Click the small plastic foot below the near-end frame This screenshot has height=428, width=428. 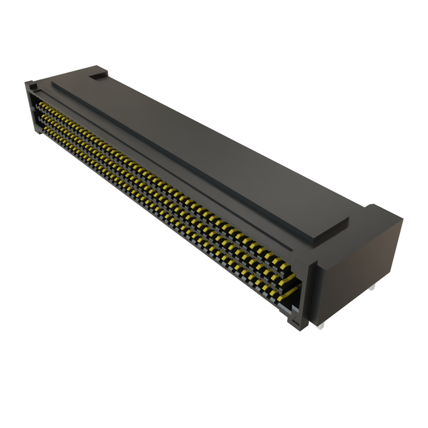tap(290, 322)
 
